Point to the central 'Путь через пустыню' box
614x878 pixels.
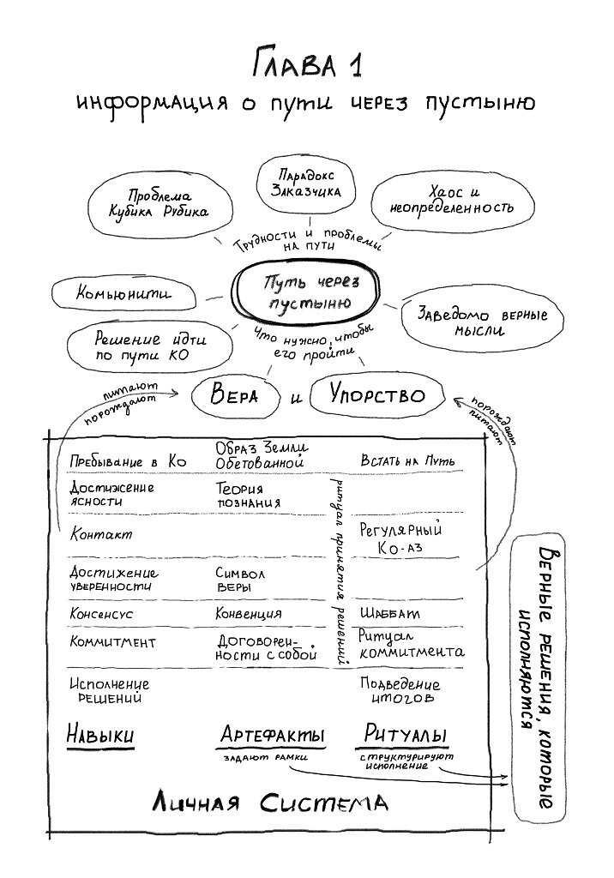[x=307, y=293]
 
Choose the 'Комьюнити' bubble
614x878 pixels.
[x=123, y=295]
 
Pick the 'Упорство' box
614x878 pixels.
[x=377, y=394]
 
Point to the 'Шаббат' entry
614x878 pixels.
[x=389, y=614]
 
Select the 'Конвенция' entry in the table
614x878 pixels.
[x=249, y=614]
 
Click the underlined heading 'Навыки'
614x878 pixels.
[x=100, y=736]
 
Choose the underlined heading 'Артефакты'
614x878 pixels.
[x=272, y=735]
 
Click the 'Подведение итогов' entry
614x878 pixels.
[x=400, y=691]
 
